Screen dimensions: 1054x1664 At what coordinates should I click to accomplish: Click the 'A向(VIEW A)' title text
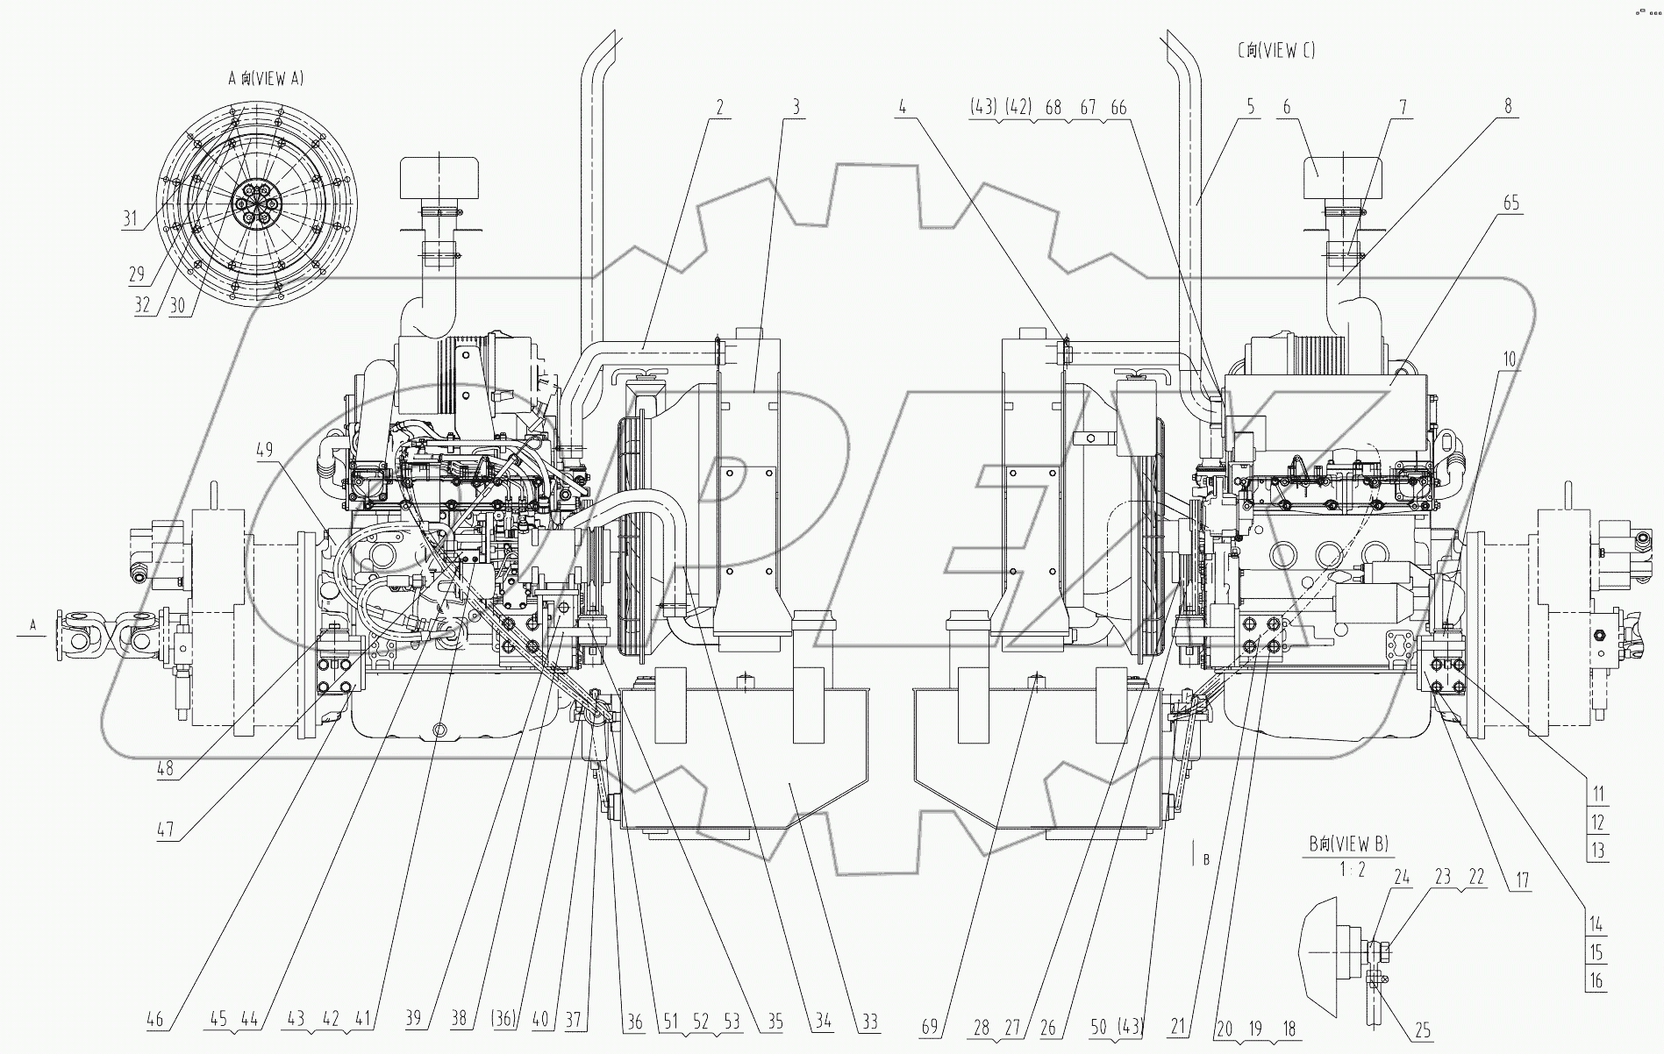[266, 79]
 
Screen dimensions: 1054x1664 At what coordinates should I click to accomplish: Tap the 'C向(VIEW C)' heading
[1275, 51]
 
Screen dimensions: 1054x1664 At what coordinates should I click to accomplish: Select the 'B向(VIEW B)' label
[1349, 844]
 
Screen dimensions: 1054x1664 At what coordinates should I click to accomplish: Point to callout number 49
[264, 450]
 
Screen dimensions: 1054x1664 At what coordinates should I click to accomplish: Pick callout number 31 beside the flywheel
[131, 218]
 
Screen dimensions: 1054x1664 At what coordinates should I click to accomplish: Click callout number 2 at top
[719, 108]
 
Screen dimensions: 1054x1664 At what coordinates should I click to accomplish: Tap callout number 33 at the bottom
[869, 1022]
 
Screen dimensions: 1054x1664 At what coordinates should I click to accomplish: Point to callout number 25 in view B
[1422, 1030]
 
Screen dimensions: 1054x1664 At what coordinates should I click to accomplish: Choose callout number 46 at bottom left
[156, 1021]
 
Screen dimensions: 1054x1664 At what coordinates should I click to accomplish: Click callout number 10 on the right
[1509, 359]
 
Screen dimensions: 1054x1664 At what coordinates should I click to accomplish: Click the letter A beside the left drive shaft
[33, 624]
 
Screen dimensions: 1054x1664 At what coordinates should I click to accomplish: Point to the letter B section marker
[1206, 860]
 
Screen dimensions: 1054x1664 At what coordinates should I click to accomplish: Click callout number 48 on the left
[164, 769]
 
